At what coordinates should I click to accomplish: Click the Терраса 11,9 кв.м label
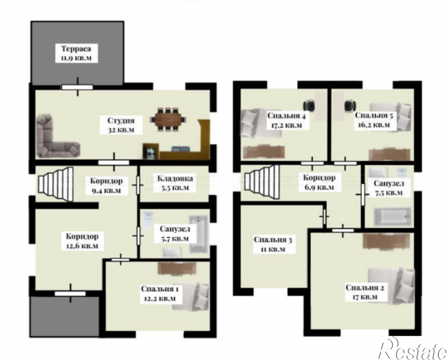point(76,53)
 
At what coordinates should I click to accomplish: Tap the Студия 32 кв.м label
point(121,125)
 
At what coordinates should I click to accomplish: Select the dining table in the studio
point(169,119)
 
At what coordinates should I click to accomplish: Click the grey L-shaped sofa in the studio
point(57,137)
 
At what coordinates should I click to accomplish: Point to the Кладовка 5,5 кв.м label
point(175,183)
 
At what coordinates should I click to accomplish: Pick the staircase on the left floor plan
point(56,184)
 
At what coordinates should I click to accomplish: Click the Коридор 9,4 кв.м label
point(106,186)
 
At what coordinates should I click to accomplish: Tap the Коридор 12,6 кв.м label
point(82,241)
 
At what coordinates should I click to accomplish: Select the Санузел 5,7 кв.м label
point(174,234)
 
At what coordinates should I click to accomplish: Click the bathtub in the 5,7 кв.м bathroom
point(199,234)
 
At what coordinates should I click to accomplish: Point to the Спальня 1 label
point(160,289)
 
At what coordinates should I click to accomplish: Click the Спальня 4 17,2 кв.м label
point(286,121)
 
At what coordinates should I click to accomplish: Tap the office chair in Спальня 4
point(310,105)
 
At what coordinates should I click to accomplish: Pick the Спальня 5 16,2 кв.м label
point(374,120)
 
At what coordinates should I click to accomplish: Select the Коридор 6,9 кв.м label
point(319,182)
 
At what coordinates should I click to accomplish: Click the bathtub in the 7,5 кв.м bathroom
point(393,216)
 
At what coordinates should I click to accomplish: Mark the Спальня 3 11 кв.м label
point(273,244)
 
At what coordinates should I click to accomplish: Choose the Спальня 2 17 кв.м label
point(365,292)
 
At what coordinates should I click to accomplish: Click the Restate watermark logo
point(413,349)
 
